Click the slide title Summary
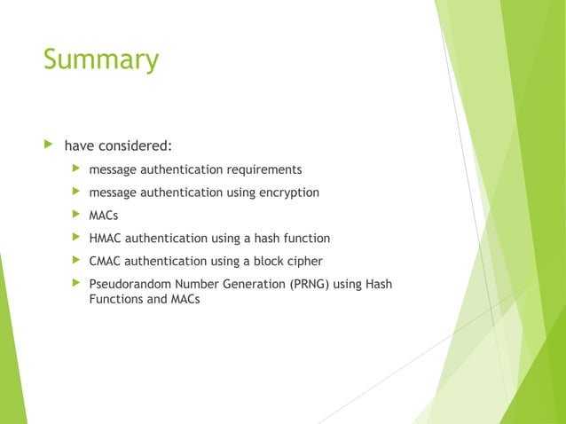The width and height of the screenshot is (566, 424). point(100,59)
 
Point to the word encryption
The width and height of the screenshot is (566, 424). point(288,192)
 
